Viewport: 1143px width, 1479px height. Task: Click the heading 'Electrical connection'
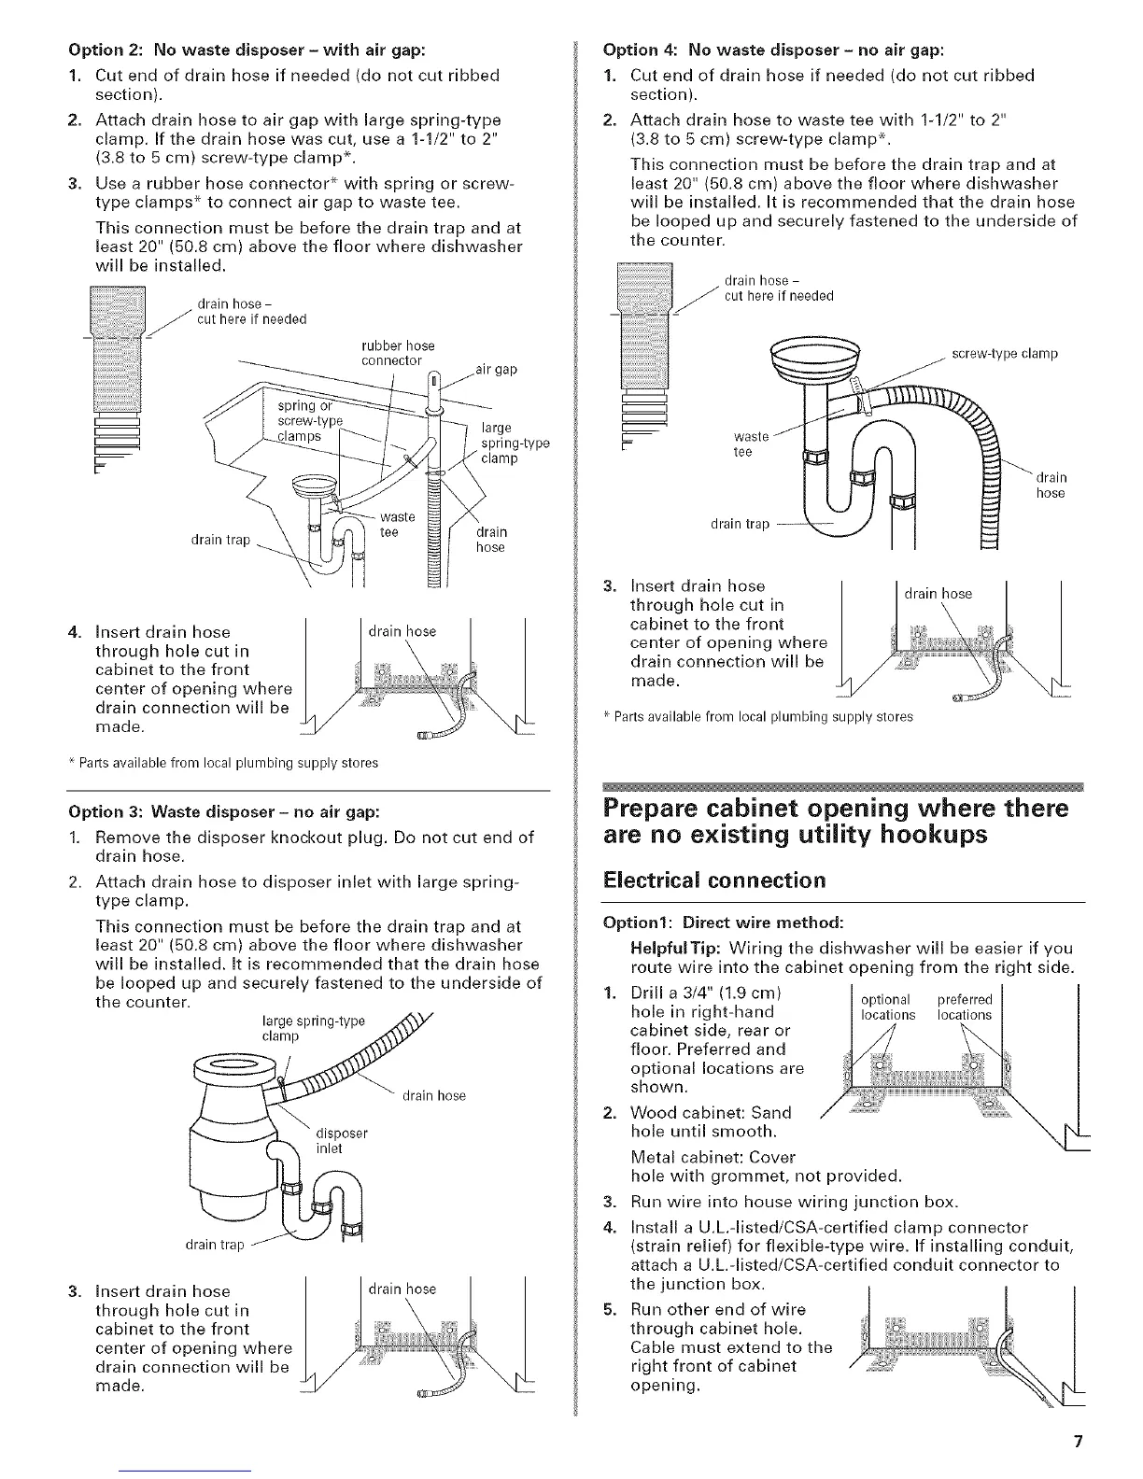(715, 880)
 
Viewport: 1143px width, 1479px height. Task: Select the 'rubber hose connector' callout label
(397, 353)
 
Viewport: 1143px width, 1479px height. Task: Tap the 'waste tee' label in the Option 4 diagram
(751, 444)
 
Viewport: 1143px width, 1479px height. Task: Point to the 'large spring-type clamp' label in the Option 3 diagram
(313, 1028)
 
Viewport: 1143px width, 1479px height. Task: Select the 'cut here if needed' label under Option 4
(779, 296)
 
